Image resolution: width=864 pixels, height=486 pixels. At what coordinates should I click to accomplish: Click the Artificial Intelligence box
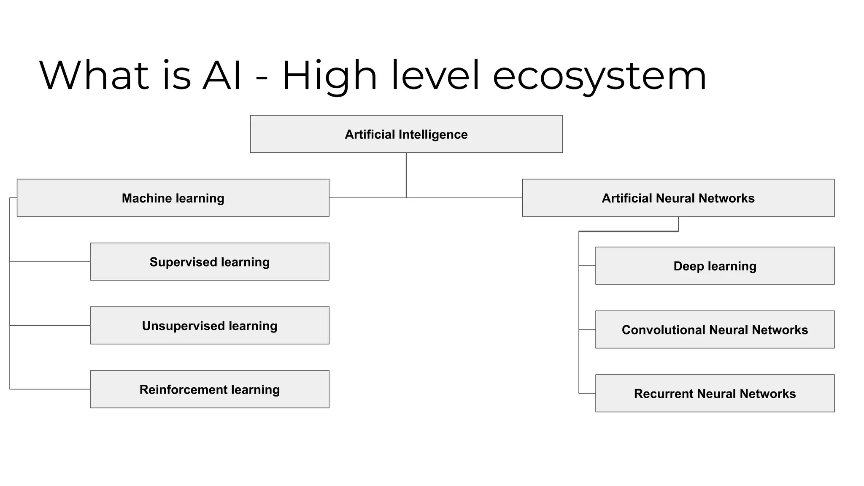[406, 134]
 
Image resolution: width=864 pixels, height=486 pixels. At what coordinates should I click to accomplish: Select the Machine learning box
[173, 198]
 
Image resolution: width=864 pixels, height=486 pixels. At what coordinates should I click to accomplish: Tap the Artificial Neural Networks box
[678, 198]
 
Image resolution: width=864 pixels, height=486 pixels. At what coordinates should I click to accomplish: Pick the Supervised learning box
[209, 262]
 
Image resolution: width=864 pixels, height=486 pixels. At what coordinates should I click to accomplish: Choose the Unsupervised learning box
[209, 325]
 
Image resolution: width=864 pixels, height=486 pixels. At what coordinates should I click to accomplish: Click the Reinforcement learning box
[209, 389]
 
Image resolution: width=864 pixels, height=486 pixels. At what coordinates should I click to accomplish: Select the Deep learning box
[715, 266]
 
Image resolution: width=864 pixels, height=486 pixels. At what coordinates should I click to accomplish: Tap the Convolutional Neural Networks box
[715, 329]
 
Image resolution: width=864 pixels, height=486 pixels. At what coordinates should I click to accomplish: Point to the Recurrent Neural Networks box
[715, 393]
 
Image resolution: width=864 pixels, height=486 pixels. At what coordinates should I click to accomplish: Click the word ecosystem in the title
[599, 76]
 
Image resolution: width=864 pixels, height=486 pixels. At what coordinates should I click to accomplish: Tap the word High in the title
[329, 76]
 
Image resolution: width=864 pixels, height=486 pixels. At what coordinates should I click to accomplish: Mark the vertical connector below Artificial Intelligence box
[406, 175]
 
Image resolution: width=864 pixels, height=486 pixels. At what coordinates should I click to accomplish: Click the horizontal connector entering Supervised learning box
[50, 262]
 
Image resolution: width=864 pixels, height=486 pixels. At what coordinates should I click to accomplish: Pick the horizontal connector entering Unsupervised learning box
[50, 325]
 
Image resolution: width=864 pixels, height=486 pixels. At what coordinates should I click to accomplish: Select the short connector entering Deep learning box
[587, 266]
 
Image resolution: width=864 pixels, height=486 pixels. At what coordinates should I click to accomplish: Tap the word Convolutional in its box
[663, 329]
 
